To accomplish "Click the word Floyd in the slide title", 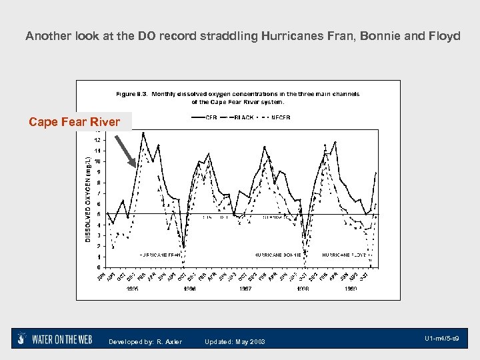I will coord(445,36).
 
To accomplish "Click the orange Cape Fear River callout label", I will coord(74,121).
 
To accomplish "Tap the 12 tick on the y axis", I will coord(98,140).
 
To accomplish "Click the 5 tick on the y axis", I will coord(99,214).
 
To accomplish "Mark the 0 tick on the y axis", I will coord(99,267).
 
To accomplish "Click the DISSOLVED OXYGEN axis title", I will coord(88,199).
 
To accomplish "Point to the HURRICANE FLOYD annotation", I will coord(345,255).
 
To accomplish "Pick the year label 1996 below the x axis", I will coord(190,289).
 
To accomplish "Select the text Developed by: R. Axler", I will coord(145,342).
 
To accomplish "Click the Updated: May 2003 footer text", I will coord(235,342).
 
